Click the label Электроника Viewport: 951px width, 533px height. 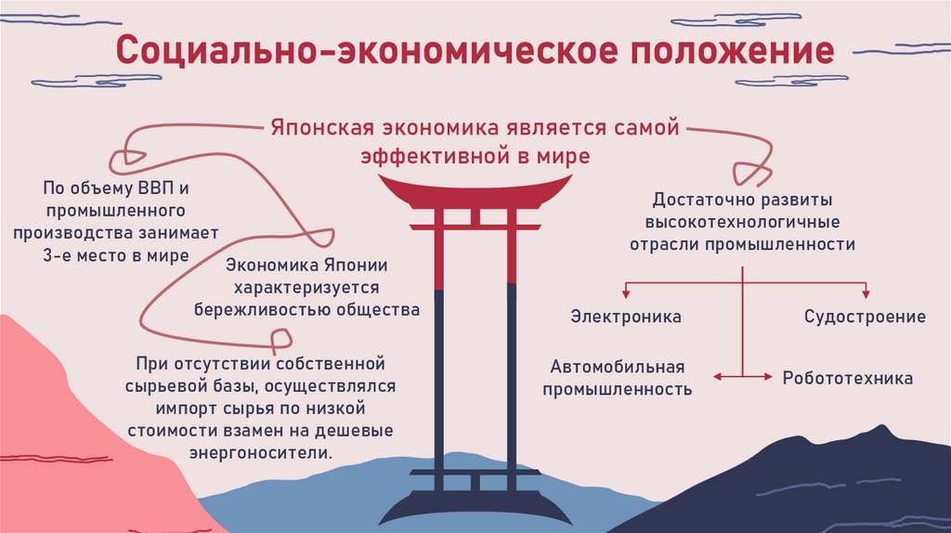click(x=626, y=317)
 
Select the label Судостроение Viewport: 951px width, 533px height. click(x=865, y=317)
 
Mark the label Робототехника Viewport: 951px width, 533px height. click(x=847, y=378)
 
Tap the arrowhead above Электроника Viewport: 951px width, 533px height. click(x=626, y=293)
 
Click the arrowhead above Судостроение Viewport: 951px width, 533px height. click(x=865, y=293)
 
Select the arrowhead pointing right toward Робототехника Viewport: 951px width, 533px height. click(x=768, y=376)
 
